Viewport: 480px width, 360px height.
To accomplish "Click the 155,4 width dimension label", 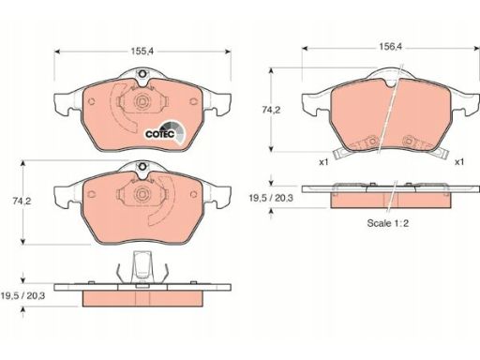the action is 142,52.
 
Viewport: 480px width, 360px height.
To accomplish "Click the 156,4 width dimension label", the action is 391,47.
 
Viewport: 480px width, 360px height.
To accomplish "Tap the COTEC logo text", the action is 159,134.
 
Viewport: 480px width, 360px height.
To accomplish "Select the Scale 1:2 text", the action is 388,223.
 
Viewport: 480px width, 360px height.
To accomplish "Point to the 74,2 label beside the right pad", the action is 271,110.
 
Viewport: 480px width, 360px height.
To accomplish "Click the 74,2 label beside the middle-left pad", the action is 22,202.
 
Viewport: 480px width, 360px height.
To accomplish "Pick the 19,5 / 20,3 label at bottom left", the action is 22,295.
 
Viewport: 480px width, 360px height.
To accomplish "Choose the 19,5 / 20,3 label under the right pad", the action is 271,198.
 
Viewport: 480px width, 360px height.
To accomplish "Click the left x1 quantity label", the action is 323,162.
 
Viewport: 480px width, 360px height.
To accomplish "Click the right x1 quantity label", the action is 459,162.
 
